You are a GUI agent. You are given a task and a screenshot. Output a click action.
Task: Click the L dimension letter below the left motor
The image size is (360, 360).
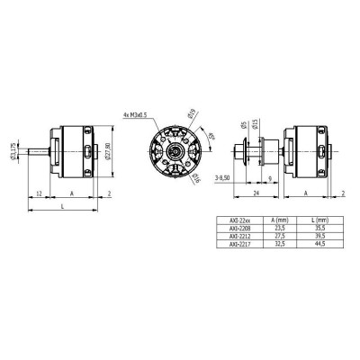pos(60,206)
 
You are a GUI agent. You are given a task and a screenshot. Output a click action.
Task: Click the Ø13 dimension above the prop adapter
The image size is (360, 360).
pos(256,124)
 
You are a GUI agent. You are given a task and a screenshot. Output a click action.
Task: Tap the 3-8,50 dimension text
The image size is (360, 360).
pos(218,179)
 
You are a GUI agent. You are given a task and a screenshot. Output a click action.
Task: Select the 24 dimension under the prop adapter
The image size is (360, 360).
pos(256,193)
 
